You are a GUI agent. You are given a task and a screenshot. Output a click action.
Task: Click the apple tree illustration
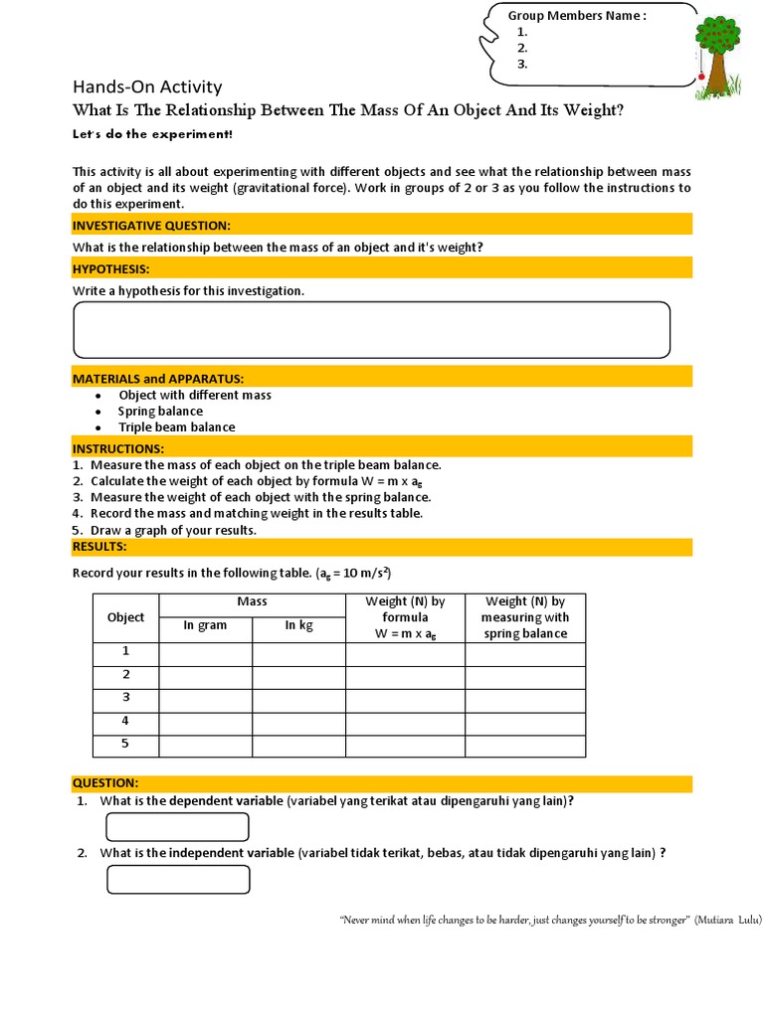717,56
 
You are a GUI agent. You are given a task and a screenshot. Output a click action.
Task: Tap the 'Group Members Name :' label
577,15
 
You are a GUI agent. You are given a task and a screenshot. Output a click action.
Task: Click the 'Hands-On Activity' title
147,86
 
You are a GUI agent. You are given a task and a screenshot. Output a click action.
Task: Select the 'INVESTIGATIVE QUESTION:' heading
151,226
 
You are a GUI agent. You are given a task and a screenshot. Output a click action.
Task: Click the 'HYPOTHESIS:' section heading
111,268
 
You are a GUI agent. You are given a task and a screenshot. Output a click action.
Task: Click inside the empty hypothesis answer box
371,330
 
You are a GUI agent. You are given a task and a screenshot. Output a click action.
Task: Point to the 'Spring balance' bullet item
160,411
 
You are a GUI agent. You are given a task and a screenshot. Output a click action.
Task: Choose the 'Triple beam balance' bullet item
176,426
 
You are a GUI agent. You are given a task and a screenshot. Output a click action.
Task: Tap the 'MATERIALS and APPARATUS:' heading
158,379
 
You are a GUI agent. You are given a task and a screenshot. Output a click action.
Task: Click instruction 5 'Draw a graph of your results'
172,530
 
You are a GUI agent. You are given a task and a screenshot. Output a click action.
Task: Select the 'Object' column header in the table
125,617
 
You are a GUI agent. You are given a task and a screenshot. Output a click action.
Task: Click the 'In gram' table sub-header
205,625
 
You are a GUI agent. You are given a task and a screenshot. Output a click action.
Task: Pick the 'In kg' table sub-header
298,625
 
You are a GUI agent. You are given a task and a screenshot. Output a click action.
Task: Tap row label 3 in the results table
125,698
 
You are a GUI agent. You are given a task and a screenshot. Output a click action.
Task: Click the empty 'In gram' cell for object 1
205,653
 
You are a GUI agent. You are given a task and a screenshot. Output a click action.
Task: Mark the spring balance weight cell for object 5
524,746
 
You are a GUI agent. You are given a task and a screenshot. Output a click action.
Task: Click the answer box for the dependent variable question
177,827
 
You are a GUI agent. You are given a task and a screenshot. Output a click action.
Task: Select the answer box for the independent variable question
178,880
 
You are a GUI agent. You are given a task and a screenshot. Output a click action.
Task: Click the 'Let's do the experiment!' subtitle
152,134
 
